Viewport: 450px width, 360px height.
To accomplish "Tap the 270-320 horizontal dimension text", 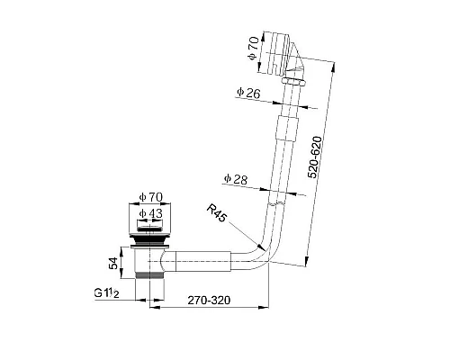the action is pyautogui.click(x=209, y=300).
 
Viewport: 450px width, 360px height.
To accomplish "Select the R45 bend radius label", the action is pyautogui.click(x=217, y=212).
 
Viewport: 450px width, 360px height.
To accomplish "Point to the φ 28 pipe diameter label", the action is pyautogui.click(x=236, y=179).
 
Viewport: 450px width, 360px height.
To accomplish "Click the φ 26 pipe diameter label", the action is pyautogui.click(x=248, y=93).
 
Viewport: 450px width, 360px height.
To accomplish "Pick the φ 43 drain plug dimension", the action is pyautogui.click(x=150, y=213).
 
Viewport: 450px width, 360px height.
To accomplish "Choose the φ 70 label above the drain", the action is pyautogui.click(x=150, y=197).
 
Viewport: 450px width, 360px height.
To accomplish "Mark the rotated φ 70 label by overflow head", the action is pyautogui.click(x=254, y=48).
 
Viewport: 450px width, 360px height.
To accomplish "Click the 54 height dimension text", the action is pyautogui.click(x=113, y=263).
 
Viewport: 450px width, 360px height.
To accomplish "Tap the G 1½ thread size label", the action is pyautogui.click(x=106, y=292).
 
